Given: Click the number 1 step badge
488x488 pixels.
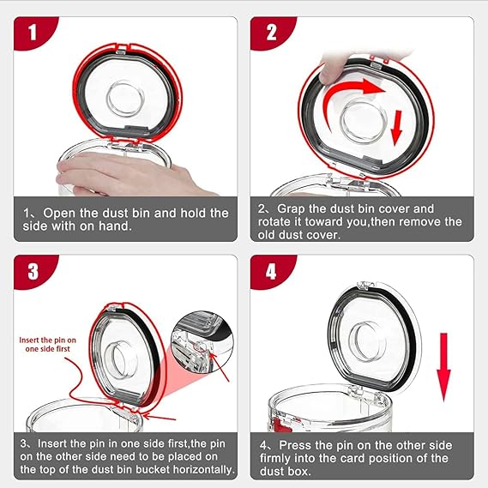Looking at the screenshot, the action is coord(33,32).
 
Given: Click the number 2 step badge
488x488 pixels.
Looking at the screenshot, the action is coord(270,32).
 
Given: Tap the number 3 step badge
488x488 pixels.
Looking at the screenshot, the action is coord(33,270).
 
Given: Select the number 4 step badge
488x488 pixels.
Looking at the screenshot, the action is coord(270,270).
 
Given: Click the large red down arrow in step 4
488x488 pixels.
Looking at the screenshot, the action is coord(443,367).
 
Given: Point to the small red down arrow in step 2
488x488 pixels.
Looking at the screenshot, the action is coord(397,128).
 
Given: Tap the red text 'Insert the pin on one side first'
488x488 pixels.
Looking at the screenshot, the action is coord(48,345).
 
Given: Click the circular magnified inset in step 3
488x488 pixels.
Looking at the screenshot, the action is coord(202,341).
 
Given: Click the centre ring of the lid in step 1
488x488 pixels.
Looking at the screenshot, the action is coord(125,99).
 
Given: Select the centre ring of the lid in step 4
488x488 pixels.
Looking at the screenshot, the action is coord(367,341).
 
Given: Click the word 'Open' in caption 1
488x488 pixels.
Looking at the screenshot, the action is coord(59,214).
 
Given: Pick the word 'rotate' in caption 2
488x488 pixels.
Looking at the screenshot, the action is coord(274,222).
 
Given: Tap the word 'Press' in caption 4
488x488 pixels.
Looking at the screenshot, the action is coord(294,445).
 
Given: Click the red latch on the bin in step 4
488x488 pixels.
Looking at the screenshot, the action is coord(279,425).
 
